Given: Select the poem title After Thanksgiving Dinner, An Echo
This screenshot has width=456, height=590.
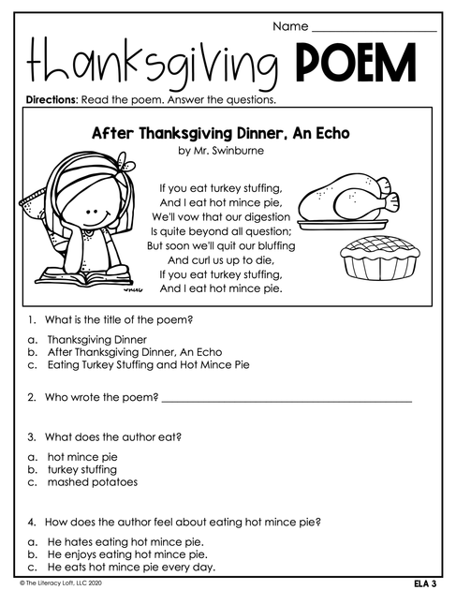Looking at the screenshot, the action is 220,133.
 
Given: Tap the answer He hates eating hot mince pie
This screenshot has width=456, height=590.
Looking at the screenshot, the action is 125,541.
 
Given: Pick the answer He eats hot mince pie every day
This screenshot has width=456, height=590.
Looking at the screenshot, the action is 131,567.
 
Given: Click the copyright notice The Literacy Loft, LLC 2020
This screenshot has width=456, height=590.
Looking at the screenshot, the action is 59,583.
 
